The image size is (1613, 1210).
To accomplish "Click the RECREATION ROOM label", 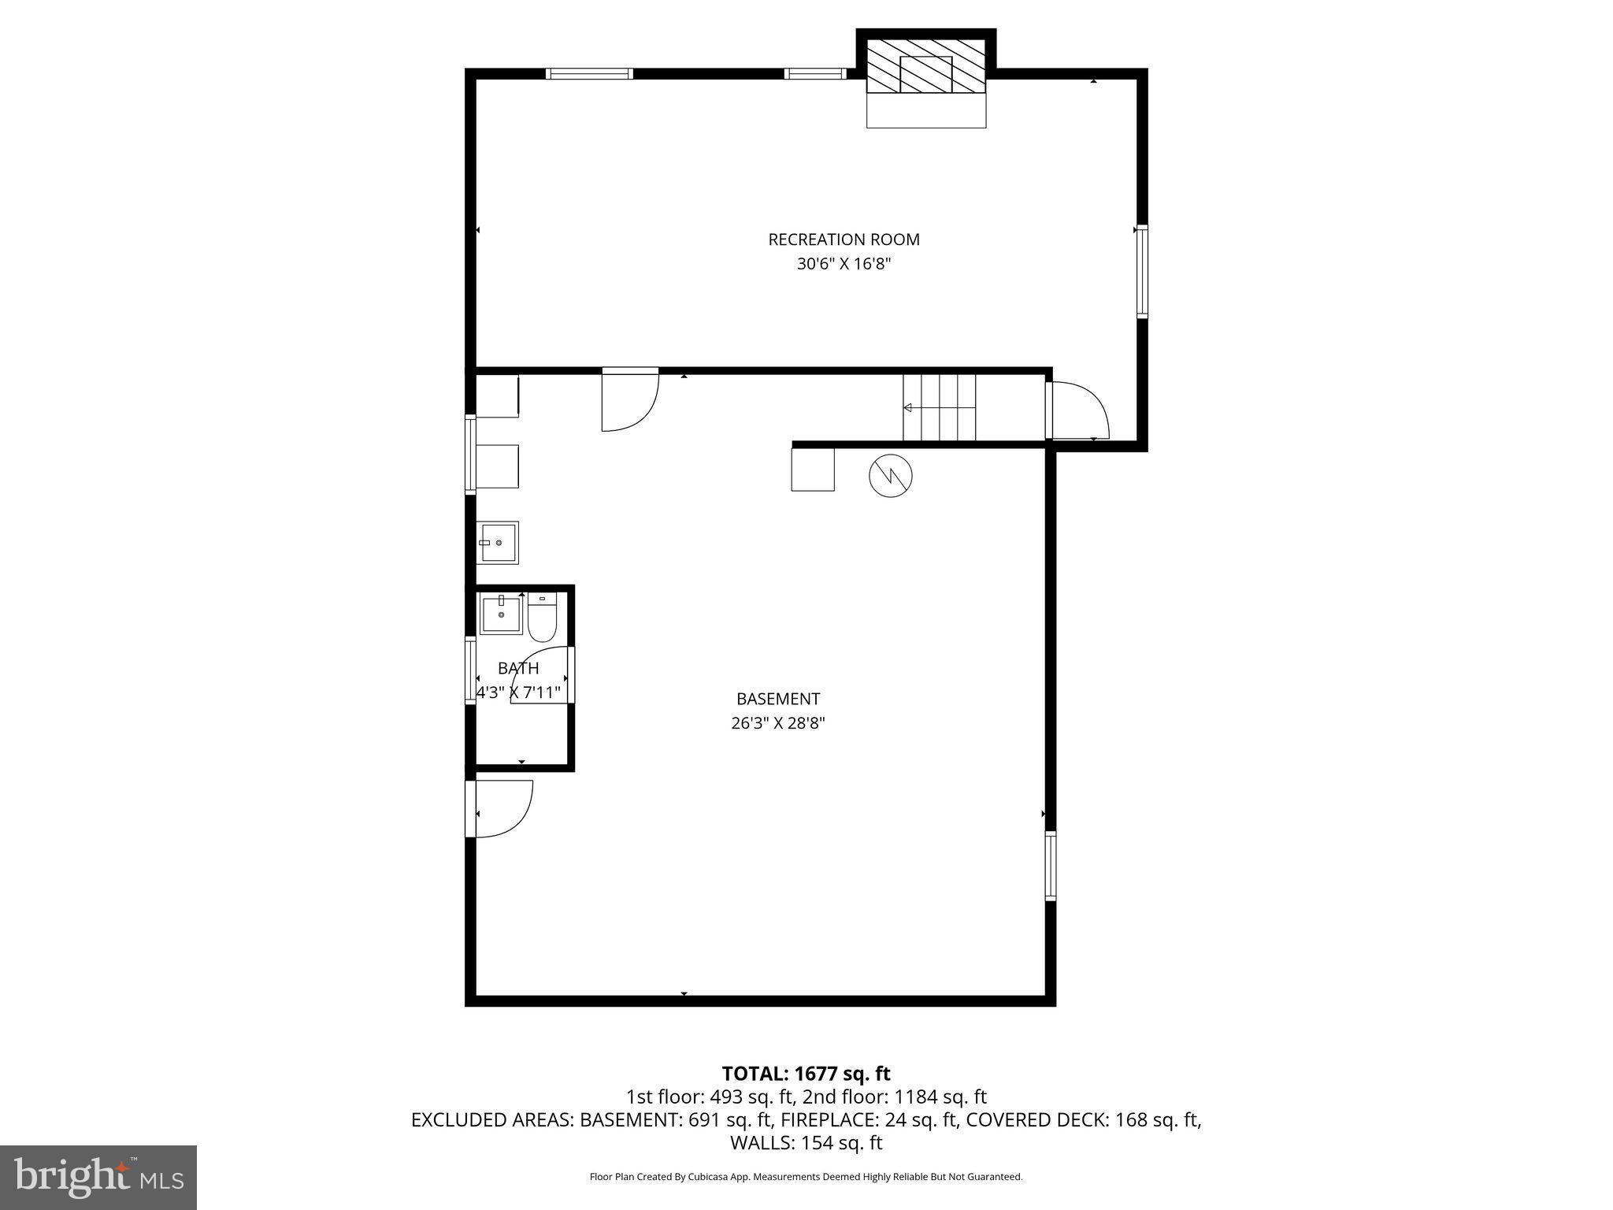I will pyautogui.click(x=844, y=239).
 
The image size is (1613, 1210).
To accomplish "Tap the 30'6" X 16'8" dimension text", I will pyautogui.click(x=844, y=264).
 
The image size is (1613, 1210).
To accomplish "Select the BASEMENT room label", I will pyautogui.click(x=778, y=699).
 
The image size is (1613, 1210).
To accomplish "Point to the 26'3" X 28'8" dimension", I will pyautogui.click(x=778, y=723).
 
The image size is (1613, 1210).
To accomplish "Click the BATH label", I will pyautogui.click(x=518, y=669).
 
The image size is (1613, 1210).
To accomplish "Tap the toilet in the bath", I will pyautogui.click(x=542, y=619).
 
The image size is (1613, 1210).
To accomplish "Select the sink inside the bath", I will pyautogui.click(x=501, y=614).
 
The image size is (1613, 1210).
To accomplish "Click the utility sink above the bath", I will pyautogui.click(x=497, y=543).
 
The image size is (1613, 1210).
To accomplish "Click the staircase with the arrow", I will pyautogui.click(x=939, y=407).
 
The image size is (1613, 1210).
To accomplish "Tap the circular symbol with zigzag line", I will pyautogui.click(x=891, y=475).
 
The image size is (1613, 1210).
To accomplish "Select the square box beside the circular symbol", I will pyautogui.click(x=813, y=469).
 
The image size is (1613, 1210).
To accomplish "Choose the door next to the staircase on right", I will pyautogui.click(x=1077, y=410).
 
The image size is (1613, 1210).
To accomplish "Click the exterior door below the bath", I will pyautogui.click(x=501, y=809).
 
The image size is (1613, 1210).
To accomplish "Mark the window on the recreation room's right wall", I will pyautogui.click(x=1141, y=271).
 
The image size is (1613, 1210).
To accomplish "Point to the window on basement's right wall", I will pyautogui.click(x=1051, y=866).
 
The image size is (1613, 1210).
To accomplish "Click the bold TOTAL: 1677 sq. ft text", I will pyautogui.click(x=806, y=1074).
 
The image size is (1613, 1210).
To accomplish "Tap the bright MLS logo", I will pyautogui.click(x=98, y=1177).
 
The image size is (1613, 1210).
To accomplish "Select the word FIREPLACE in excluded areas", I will pyautogui.click(x=814, y=1119).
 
